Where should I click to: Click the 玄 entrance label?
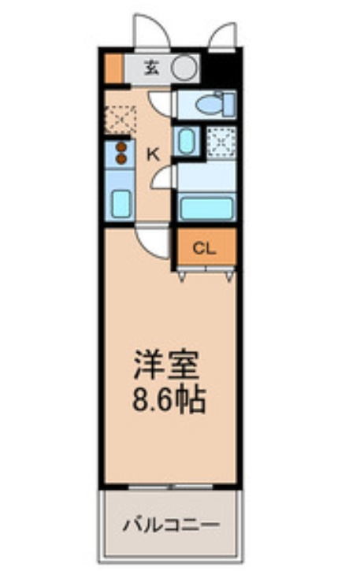click(x=151, y=68)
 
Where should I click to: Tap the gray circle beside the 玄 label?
click(x=184, y=68)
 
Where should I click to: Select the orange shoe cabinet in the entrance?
click(x=113, y=68)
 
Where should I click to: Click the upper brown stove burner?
click(x=121, y=146)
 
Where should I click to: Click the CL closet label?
click(x=204, y=250)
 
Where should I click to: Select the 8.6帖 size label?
click(x=168, y=401)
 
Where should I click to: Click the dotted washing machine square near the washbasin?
click(x=220, y=141)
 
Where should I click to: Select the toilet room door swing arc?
click(x=161, y=104)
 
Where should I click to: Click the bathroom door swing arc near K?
click(x=162, y=180)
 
